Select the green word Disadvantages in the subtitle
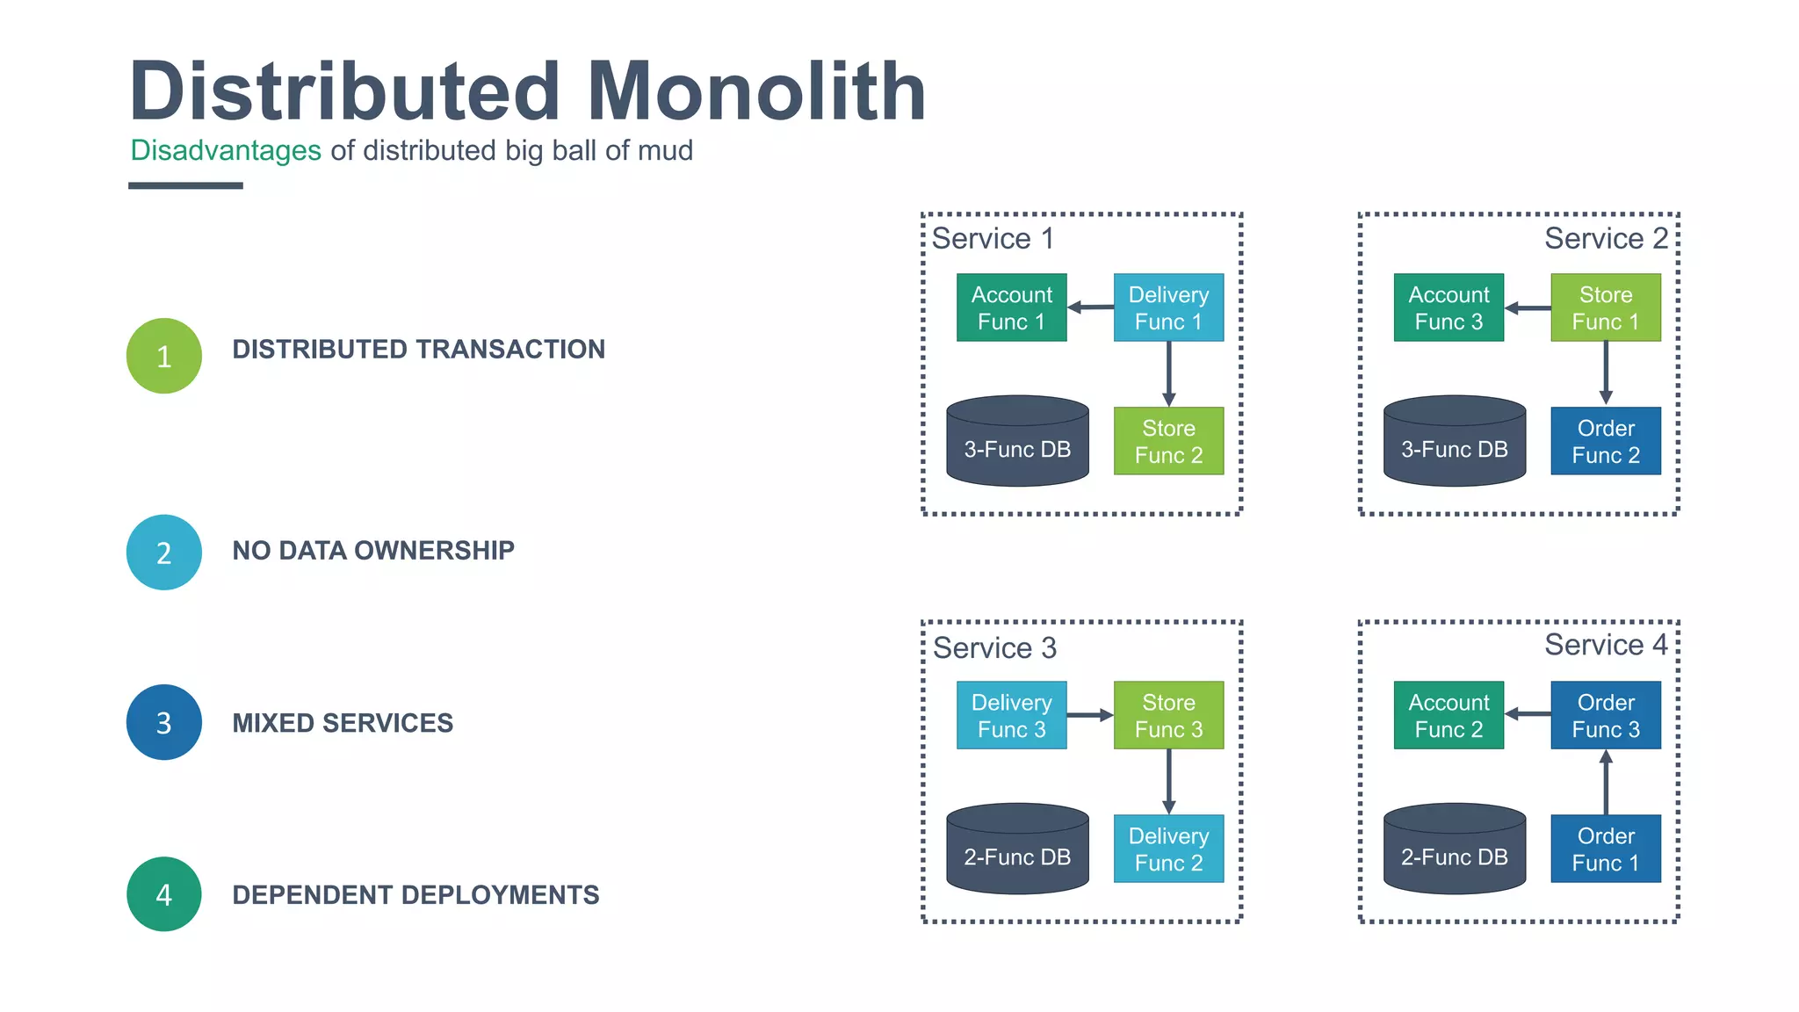(x=226, y=151)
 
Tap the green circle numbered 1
(x=164, y=356)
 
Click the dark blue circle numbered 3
(x=164, y=722)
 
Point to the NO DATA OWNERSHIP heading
(x=373, y=551)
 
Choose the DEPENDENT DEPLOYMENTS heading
(x=415, y=895)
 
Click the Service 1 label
(x=993, y=239)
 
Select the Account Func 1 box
(x=1011, y=307)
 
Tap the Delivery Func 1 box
(x=1168, y=307)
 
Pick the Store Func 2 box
(x=1168, y=441)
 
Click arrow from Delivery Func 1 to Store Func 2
(x=1168, y=373)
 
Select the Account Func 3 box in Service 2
(x=1449, y=307)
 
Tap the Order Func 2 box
(x=1606, y=441)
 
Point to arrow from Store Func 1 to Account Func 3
(x=1528, y=308)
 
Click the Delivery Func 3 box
(x=1011, y=715)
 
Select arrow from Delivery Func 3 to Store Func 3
(x=1090, y=715)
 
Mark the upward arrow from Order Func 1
(x=1606, y=782)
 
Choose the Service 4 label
(x=1606, y=645)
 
